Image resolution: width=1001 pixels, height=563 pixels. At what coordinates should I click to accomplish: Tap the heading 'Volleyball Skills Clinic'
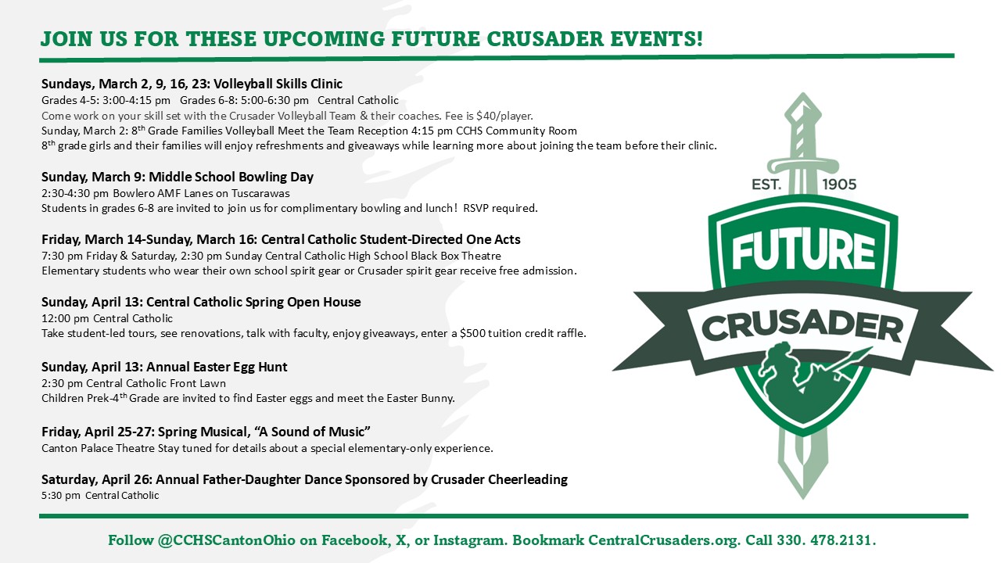click(278, 84)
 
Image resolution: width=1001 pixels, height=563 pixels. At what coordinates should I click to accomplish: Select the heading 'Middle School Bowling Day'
click(231, 177)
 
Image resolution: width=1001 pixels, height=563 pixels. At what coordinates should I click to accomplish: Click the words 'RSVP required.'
click(500, 208)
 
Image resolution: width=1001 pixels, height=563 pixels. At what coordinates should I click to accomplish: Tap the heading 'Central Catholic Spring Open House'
click(253, 302)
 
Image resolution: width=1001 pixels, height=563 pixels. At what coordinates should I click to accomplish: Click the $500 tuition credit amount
click(472, 333)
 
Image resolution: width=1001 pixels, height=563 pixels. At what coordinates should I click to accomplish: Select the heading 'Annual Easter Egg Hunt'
click(217, 367)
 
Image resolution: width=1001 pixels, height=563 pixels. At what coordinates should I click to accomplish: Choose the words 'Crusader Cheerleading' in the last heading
click(499, 479)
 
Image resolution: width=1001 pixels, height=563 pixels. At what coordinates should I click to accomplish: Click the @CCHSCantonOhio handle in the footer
click(226, 540)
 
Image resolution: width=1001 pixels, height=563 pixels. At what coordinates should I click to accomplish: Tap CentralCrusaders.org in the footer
click(663, 540)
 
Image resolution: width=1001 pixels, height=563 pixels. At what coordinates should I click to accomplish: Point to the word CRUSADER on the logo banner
click(802, 328)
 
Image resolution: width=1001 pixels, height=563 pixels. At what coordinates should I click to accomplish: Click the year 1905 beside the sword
click(839, 185)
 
